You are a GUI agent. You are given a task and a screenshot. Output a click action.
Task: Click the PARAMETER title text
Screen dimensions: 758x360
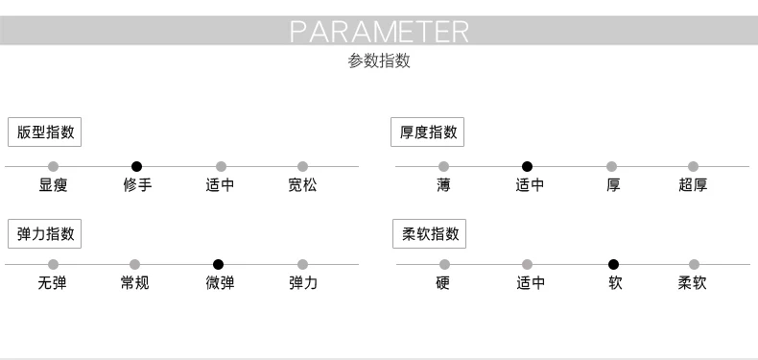point(379,31)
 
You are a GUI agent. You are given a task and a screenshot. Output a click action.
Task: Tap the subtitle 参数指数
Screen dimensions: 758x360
point(379,61)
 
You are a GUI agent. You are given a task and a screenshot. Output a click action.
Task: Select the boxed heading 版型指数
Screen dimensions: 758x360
point(44,132)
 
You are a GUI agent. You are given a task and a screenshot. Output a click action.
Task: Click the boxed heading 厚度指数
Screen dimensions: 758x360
point(427,132)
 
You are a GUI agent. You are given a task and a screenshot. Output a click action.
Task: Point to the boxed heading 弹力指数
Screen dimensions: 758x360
point(44,233)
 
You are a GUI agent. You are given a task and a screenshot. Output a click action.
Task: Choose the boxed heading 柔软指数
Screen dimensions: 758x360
point(429,233)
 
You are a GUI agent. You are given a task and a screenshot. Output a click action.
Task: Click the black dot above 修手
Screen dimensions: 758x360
point(137,167)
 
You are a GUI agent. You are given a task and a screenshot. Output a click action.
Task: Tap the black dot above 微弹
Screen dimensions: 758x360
point(219,265)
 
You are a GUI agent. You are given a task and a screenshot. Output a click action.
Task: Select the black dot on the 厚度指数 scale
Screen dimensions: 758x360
point(528,167)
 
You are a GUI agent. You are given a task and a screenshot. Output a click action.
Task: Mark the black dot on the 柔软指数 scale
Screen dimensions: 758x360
point(613,265)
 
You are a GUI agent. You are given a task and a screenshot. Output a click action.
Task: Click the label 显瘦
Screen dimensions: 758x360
point(53,185)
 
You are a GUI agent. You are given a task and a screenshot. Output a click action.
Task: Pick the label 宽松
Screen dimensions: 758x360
point(302,185)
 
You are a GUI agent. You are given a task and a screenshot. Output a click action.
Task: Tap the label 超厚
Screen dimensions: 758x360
point(693,185)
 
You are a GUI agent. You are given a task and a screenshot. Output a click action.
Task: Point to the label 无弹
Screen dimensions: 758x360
point(52,283)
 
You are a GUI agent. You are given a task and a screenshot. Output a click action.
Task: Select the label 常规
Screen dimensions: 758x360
point(135,283)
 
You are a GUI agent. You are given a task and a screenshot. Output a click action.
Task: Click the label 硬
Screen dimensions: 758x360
point(443,283)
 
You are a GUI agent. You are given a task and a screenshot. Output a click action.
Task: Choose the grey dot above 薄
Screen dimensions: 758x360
point(444,167)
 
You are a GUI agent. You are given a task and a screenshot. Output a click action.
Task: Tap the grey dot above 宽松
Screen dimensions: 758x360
point(302,167)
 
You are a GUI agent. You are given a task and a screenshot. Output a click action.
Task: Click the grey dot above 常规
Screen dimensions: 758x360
point(135,265)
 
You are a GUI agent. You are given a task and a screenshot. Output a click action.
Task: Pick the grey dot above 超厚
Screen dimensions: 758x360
point(693,167)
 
